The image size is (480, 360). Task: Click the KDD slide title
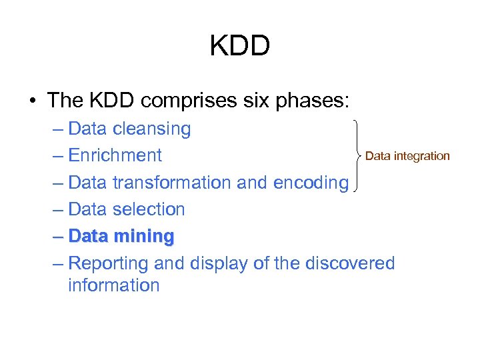(239, 46)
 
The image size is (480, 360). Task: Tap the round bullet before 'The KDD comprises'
(32, 101)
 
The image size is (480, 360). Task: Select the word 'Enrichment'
(115, 155)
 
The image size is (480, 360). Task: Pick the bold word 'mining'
(143, 236)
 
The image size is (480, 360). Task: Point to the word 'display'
(211, 263)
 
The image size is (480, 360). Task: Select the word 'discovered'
(349, 263)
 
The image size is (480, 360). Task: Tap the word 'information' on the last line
(113, 285)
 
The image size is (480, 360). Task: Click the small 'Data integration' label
(408, 156)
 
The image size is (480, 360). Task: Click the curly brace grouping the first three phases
(359, 155)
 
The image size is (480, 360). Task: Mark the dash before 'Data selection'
(57, 209)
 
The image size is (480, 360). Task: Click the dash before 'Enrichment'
(57, 155)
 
